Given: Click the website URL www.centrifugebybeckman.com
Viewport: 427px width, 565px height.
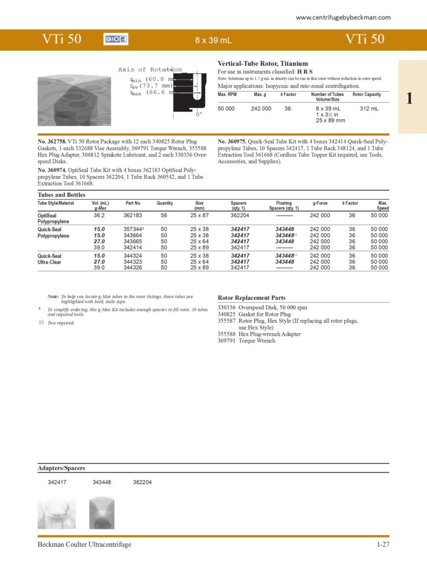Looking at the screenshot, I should [x=343, y=18].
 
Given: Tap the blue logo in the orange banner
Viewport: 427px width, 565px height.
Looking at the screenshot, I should [x=116, y=40].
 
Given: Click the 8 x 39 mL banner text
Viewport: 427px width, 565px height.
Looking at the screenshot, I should [x=213, y=40].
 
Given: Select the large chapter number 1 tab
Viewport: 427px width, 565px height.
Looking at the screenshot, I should [x=409, y=99].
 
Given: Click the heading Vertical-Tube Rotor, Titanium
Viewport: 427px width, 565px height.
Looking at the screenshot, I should [x=263, y=63].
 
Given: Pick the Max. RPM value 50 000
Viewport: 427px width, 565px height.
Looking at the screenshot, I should [x=226, y=109].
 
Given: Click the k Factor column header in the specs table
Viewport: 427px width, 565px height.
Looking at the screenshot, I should [x=288, y=94].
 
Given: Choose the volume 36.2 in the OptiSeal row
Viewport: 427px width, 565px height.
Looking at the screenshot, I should [x=99, y=215].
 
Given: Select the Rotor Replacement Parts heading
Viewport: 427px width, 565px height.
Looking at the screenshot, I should [x=252, y=297].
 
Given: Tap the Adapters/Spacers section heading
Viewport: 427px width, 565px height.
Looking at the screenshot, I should [x=61, y=468].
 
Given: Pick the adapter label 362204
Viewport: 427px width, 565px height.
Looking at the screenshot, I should [x=142, y=482].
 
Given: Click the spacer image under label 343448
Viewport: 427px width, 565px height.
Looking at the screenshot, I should [x=102, y=513].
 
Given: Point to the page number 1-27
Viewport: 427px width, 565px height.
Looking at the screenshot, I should [x=383, y=545].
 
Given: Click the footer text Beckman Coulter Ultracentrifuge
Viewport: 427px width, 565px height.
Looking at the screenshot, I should [x=84, y=545].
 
